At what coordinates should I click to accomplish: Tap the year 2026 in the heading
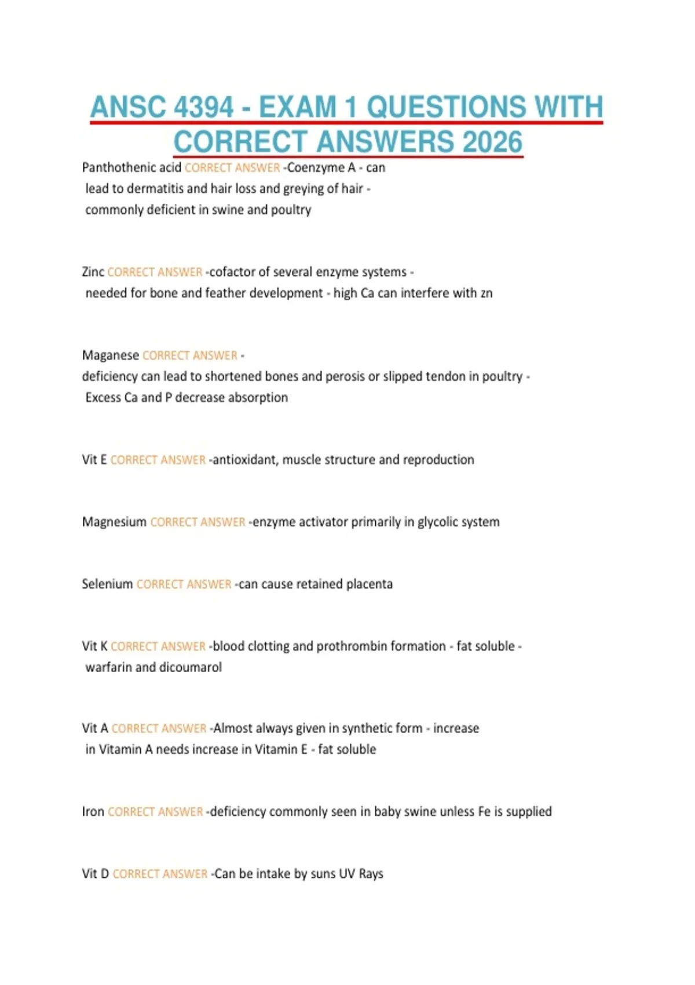click(x=492, y=142)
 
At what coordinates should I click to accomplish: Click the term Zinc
click(x=93, y=272)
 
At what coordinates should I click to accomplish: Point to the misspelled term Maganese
click(x=110, y=355)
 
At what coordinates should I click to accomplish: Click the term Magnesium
click(x=114, y=521)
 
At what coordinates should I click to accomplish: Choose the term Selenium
click(x=107, y=583)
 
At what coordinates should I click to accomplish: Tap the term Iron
click(x=93, y=811)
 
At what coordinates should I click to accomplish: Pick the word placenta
click(x=369, y=583)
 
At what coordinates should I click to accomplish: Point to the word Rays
click(x=371, y=873)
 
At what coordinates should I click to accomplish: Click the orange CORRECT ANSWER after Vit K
click(x=158, y=646)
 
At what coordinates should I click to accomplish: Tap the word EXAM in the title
click(x=297, y=107)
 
